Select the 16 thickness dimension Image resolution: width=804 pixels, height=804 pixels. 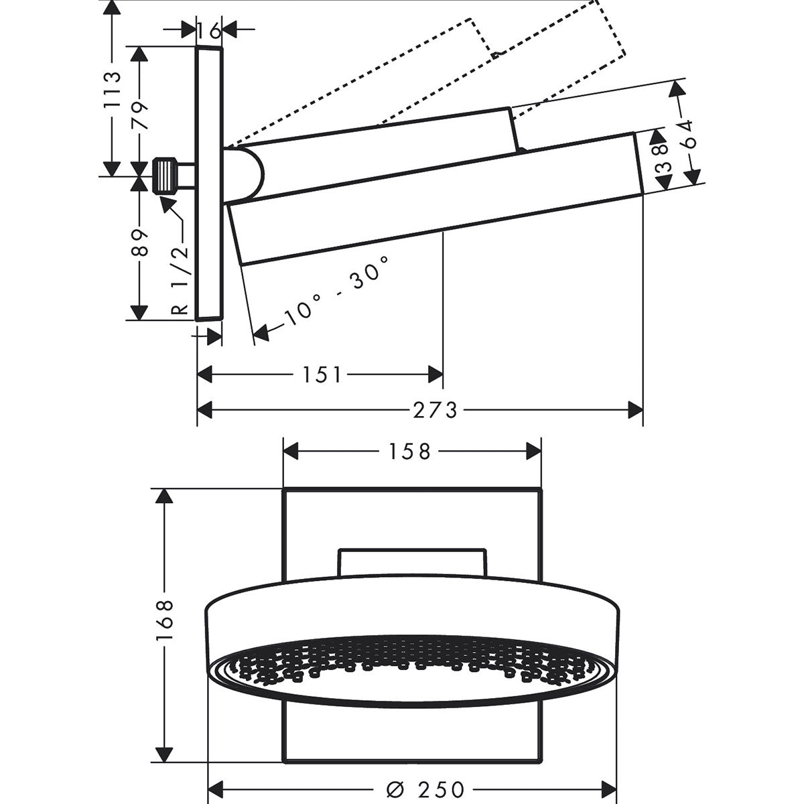(209, 29)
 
